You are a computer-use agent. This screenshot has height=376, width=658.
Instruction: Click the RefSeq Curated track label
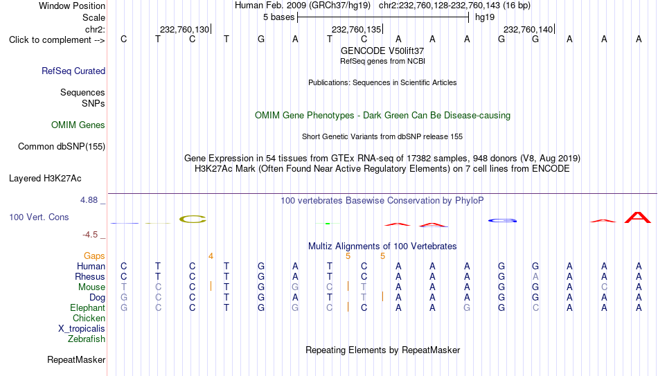coord(73,71)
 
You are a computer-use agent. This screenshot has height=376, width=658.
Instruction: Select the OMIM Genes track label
coord(78,125)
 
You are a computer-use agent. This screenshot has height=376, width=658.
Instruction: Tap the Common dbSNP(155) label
coord(62,147)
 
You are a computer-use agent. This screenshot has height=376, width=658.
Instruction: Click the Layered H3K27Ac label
coord(45,179)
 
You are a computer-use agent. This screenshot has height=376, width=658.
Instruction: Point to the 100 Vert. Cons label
coord(39,217)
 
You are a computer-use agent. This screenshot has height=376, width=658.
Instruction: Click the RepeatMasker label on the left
coord(76,359)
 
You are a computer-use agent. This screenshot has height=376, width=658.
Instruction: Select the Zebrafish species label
coord(87,339)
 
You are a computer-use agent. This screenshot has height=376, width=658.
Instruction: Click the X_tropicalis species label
coord(82,329)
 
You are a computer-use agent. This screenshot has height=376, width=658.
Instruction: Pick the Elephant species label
coord(87,307)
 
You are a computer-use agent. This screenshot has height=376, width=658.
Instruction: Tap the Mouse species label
coord(91,287)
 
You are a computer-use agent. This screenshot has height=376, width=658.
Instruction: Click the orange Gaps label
coord(94,256)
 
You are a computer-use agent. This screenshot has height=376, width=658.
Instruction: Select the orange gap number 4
coord(211,256)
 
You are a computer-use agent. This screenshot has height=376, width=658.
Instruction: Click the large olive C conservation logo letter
coord(193,219)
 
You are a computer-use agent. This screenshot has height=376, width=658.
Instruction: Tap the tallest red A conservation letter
coord(638,217)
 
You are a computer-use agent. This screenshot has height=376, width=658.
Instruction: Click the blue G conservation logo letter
coord(502,220)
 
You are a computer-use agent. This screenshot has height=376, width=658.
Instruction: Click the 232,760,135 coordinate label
coord(356,29)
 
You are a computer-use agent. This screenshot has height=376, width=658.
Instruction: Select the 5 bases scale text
coord(278,17)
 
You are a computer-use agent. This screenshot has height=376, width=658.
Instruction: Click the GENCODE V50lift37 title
coord(382,51)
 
